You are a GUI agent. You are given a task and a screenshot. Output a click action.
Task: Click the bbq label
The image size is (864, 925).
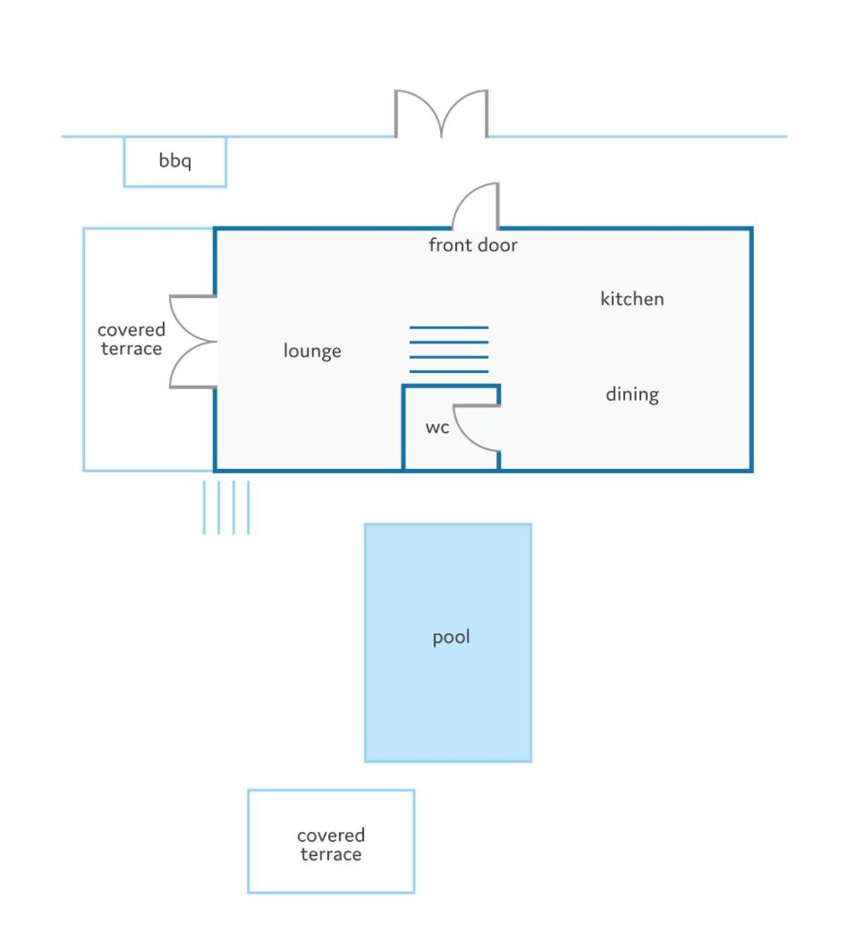[x=175, y=160]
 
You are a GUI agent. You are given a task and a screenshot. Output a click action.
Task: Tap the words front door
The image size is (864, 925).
[x=473, y=245]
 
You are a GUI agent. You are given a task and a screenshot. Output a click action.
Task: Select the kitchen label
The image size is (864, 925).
[x=632, y=299]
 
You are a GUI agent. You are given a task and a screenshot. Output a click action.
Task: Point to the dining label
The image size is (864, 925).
[x=632, y=395]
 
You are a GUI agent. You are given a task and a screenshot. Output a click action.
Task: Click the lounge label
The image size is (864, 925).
[x=312, y=351]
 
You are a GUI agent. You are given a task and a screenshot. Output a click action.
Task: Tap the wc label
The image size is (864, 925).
[x=437, y=428]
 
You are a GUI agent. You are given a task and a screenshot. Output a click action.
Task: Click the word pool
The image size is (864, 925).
[x=451, y=637]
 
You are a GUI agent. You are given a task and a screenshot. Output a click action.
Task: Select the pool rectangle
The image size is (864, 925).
[x=448, y=642]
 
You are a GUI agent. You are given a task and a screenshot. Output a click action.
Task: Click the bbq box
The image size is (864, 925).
[x=175, y=162]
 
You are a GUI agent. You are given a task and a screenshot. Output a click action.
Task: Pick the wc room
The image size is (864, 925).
[x=451, y=428]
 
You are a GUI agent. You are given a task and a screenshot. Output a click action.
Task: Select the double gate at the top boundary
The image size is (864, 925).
[x=441, y=114]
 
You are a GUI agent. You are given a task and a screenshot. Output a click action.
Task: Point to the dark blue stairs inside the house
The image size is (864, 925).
[x=449, y=349]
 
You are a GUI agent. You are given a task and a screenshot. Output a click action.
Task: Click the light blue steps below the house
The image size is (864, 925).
[x=226, y=507]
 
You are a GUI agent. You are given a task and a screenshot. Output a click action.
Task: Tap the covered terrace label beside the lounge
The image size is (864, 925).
[x=131, y=339]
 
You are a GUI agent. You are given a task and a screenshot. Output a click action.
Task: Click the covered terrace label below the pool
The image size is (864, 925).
[x=331, y=844]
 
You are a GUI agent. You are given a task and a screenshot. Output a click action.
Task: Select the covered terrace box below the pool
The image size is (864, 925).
[x=332, y=841]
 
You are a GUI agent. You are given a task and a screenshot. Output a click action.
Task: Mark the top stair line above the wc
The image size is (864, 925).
[x=449, y=327]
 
